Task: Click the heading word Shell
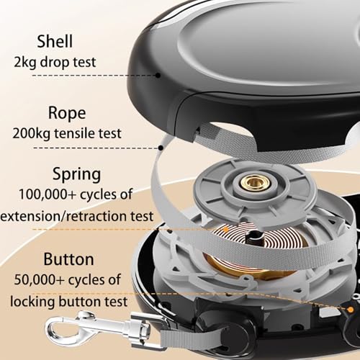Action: [55, 41]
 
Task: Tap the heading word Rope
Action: [67, 113]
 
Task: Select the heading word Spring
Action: [76, 174]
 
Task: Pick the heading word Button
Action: [68, 259]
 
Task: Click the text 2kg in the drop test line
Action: [25, 63]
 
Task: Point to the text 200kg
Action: [31, 133]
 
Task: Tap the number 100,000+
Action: [47, 194]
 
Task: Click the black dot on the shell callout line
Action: [158, 76]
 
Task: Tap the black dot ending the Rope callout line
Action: [161, 148]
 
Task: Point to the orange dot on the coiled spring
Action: [225, 230]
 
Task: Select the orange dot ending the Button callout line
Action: [351, 310]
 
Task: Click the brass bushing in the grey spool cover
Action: [255, 182]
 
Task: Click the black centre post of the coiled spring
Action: [255, 238]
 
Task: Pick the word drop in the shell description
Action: [55, 63]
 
